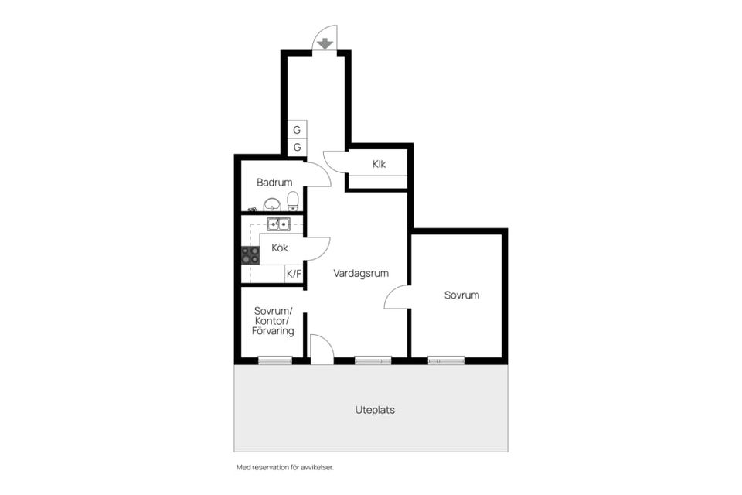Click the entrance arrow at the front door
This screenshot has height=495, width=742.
click(x=325, y=43)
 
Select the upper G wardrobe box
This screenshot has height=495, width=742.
click(x=297, y=130)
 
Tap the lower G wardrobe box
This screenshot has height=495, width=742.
click(x=297, y=147)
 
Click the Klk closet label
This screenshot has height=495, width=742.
click(x=379, y=164)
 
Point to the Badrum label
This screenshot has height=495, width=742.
click(x=274, y=183)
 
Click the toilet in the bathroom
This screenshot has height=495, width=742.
click(x=293, y=202)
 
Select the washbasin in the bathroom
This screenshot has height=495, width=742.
click(x=271, y=204)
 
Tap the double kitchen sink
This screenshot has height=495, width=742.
click(x=278, y=224)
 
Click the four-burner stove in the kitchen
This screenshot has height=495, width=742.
click(x=250, y=255)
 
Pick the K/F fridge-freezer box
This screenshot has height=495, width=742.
click(x=294, y=273)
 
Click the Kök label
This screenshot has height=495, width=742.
click(x=280, y=248)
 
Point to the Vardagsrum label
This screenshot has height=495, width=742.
click(x=361, y=273)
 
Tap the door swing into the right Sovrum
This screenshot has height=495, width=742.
click(x=397, y=298)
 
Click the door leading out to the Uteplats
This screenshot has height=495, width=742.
click(x=321, y=350)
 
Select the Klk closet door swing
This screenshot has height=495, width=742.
click(x=335, y=159)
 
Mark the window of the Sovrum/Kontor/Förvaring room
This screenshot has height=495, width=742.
click(x=275, y=360)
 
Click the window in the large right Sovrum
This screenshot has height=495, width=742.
click(x=446, y=360)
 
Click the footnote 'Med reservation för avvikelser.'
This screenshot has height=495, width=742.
click(x=284, y=468)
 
